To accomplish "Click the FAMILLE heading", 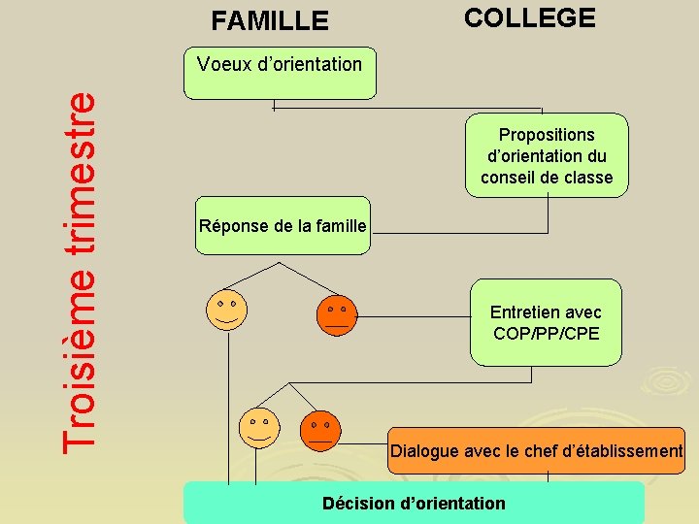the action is click(x=270, y=20).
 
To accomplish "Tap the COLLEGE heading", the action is click(x=529, y=17).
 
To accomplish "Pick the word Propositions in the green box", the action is click(x=547, y=134).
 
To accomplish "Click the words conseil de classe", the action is click(x=547, y=178).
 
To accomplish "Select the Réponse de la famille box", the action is click(x=282, y=227).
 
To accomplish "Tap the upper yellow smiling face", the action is click(x=227, y=310).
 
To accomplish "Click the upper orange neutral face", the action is click(x=337, y=314).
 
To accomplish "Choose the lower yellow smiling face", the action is click(x=259, y=426).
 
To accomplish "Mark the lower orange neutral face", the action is click(x=320, y=429).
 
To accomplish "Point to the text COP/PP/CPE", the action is click(x=546, y=334).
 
